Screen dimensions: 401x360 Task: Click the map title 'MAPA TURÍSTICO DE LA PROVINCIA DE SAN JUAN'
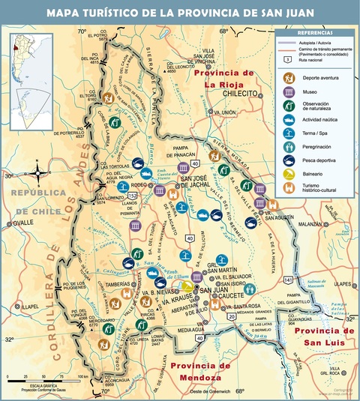[180, 13]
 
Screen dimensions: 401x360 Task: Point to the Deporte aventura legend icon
[288, 78]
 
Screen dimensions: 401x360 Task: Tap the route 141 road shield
[287, 279]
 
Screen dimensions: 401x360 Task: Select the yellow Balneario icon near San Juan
[185, 286]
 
